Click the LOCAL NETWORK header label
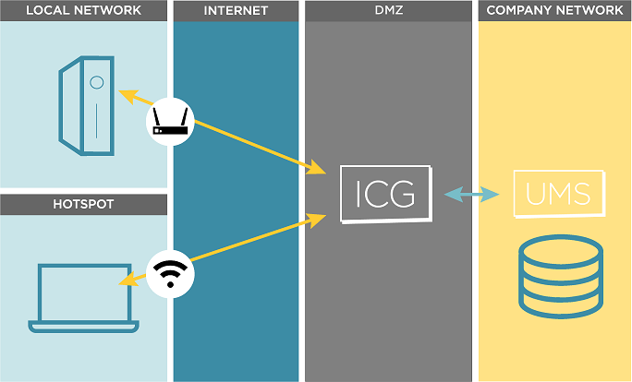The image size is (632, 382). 83,11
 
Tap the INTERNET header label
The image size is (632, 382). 236,11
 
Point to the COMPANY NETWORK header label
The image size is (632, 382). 554,11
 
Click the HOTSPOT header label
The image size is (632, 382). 83,204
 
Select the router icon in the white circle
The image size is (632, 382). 171,120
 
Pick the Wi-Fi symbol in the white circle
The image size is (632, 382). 170,275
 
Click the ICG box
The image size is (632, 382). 385,194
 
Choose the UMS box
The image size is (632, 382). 558,194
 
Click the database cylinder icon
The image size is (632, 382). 561,277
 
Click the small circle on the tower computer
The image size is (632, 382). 96,82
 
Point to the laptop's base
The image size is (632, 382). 83,325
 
